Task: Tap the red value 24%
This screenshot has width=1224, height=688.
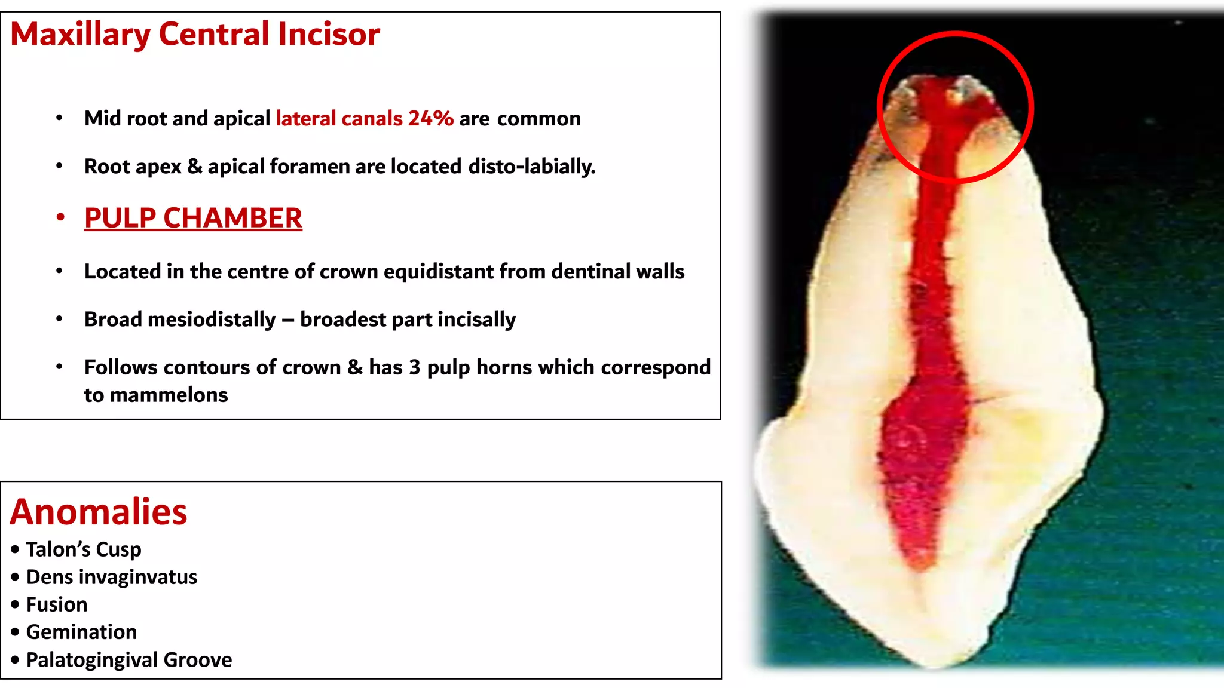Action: (430, 118)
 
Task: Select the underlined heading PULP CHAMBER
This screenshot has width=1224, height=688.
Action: (193, 218)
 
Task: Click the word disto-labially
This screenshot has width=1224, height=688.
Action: (532, 166)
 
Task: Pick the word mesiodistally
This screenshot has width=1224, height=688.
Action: (212, 320)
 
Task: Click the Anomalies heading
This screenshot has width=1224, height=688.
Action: (99, 512)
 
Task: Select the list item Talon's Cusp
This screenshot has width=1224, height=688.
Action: (84, 549)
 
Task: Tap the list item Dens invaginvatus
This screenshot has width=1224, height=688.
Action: (112, 577)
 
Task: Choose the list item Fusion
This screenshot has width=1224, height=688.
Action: (57, 604)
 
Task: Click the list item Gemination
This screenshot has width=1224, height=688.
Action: (82, 632)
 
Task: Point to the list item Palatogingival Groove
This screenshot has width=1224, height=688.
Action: (129, 660)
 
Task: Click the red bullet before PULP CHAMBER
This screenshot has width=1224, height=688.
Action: (60, 218)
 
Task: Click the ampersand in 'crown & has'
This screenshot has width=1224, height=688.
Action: (355, 367)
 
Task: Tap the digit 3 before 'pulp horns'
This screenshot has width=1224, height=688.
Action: (414, 367)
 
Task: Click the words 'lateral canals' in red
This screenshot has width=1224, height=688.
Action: (339, 118)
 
